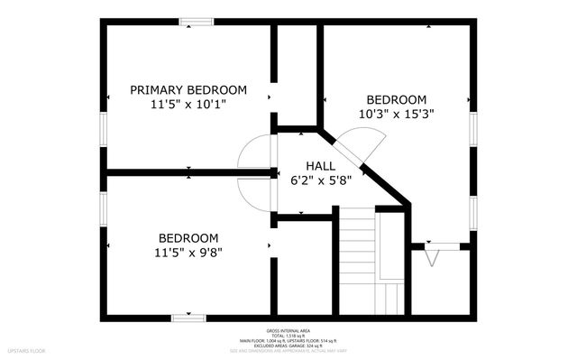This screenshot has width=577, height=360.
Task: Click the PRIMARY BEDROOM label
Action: tap(188, 89)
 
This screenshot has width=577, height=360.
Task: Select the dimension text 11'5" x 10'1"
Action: tap(188, 104)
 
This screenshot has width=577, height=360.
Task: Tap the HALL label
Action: tap(320, 165)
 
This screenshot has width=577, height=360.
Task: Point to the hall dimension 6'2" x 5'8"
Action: tap(320, 180)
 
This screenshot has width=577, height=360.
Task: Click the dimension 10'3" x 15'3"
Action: tap(396, 114)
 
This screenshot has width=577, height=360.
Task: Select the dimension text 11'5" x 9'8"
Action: tap(188, 253)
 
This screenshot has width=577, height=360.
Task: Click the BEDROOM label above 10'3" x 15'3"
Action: tap(396, 99)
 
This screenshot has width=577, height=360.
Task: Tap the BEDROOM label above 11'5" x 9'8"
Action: tap(188, 238)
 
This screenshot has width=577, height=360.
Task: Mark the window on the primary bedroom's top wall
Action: tap(195, 23)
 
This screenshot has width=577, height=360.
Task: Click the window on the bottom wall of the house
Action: tap(188, 317)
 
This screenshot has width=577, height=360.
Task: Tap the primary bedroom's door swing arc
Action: tap(253, 152)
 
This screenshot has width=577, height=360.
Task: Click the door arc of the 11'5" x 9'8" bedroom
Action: tap(253, 191)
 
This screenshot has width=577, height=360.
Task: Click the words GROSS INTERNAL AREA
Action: tap(288, 330)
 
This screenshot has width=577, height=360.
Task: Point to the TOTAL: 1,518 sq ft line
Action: tap(288, 336)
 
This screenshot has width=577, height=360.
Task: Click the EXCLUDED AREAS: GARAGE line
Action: tap(288, 346)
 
